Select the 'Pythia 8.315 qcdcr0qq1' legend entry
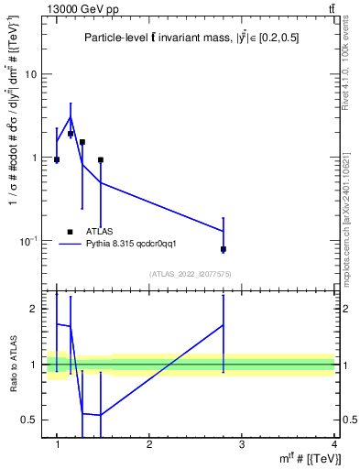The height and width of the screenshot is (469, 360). tap(136, 244)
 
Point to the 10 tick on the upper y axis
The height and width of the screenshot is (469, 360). tap(30, 74)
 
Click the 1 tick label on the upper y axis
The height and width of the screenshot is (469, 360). tap(33, 158)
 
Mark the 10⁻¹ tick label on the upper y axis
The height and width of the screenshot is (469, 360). tap(28, 240)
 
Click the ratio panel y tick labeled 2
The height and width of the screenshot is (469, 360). tap(33, 309)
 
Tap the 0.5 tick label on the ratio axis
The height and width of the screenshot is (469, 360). tap(29, 420)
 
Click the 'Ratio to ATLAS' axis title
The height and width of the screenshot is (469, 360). tap(13, 364)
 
